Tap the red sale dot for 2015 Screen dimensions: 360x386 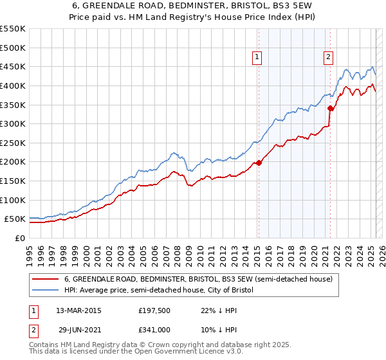pyautogui.click(x=259, y=163)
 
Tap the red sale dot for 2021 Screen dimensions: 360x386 pyautogui.click(x=330, y=108)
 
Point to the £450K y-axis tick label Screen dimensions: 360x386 pyautogui.click(x=14, y=66)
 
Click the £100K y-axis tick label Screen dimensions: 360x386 pyautogui.click(x=14, y=200)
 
